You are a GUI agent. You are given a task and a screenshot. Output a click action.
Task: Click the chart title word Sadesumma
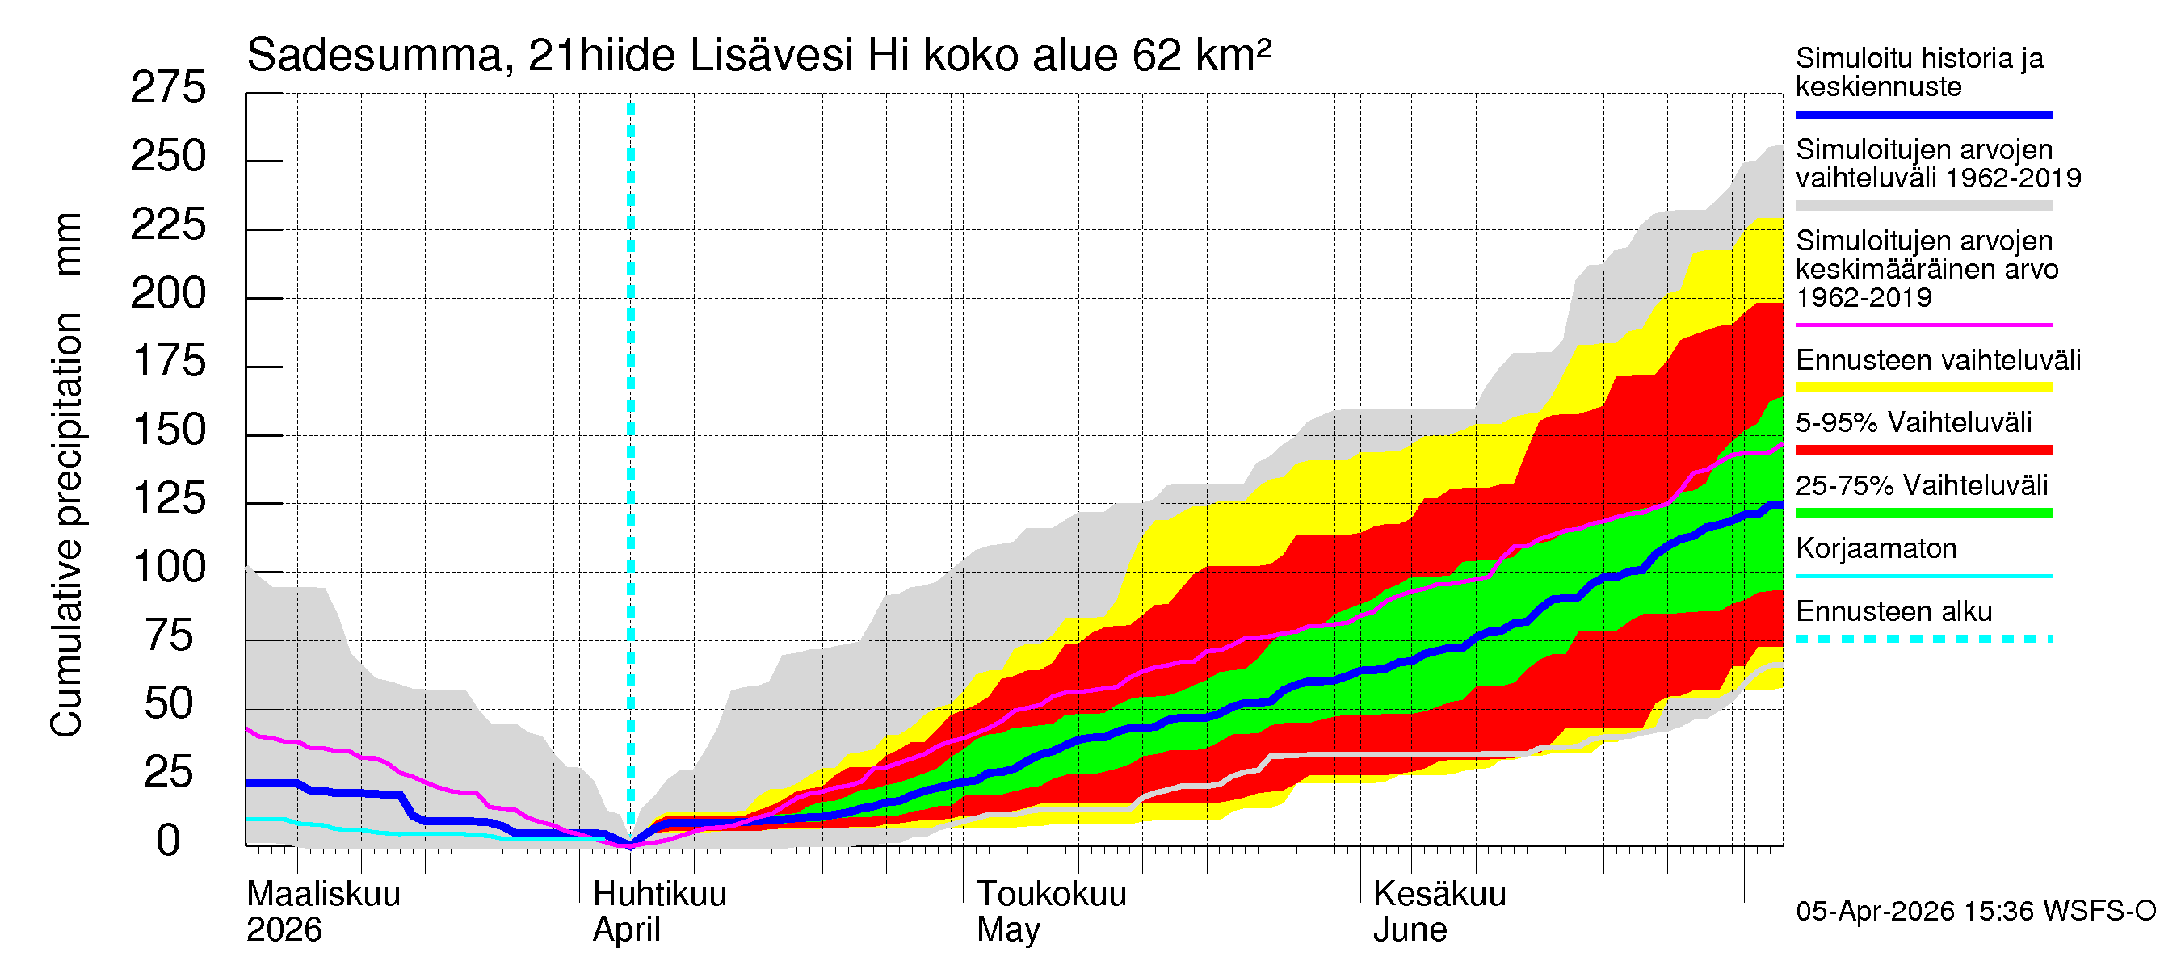(374, 57)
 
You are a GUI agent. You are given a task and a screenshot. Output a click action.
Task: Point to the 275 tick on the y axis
(169, 88)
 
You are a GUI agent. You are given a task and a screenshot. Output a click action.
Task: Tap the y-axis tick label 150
(169, 430)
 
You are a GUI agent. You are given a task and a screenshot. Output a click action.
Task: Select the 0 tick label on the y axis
(169, 841)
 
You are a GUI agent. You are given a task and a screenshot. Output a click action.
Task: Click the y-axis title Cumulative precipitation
(66, 525)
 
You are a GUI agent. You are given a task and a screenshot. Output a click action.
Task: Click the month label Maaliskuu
(322, 895)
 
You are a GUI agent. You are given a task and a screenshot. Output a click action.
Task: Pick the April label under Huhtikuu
(626, 930)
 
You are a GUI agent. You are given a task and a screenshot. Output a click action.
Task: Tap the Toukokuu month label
(1051, 895)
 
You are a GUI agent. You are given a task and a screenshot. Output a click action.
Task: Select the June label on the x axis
(1409, 930)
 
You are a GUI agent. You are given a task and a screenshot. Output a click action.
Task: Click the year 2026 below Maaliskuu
(284, 930)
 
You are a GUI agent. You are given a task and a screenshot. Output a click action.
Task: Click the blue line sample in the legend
(1923, 114)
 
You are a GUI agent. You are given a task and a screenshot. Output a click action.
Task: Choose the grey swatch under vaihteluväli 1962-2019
(1923, 206)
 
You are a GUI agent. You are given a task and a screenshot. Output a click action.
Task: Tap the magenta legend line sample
(1923, 325)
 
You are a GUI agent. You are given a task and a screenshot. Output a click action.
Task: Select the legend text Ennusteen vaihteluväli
(1937, 360)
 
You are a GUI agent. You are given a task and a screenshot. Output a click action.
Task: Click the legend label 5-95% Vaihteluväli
(1913, 422)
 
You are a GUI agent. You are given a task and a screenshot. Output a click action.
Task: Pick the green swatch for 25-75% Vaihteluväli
(1923, 513)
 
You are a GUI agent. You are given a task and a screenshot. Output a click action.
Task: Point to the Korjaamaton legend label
(1876, 548)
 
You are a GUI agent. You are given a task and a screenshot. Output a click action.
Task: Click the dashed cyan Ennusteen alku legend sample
(1923, 639)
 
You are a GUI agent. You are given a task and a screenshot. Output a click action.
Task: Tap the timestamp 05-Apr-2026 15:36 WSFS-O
(1975, 912)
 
